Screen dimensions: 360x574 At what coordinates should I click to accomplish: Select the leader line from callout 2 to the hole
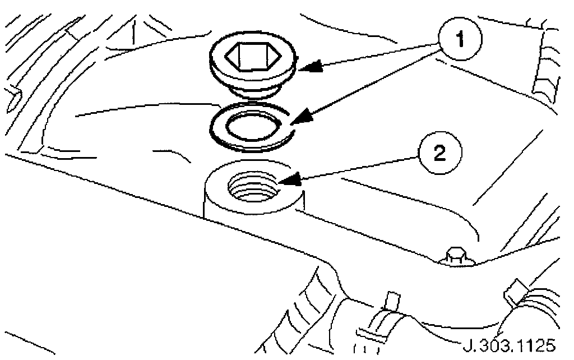(x=359, y=168)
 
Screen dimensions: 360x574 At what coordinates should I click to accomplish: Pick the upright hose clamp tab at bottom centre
(x=393, y=302)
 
